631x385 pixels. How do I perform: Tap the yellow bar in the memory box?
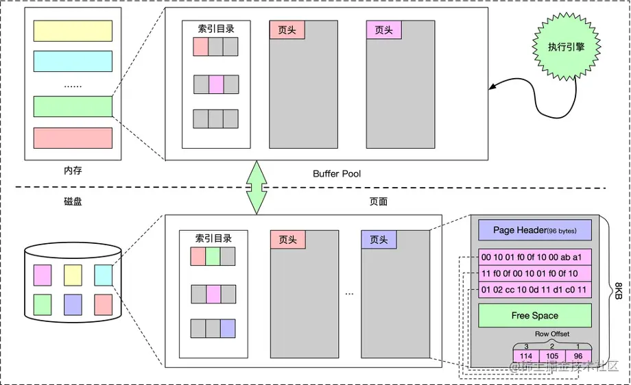73,31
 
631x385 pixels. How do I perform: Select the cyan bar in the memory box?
73,61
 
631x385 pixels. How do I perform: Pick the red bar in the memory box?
73,138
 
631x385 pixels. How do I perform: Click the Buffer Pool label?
337,174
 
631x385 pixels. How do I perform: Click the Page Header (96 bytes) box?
534,230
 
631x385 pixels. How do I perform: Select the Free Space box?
534,316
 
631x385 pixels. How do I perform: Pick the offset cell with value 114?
526,356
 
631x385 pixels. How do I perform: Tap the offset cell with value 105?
552,356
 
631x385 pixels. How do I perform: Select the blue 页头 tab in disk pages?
379,240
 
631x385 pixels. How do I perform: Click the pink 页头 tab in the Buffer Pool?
384,29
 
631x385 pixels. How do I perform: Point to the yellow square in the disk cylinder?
73,275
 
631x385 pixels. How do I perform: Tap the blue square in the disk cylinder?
73,303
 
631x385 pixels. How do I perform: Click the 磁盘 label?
72,202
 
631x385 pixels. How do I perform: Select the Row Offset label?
552,334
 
